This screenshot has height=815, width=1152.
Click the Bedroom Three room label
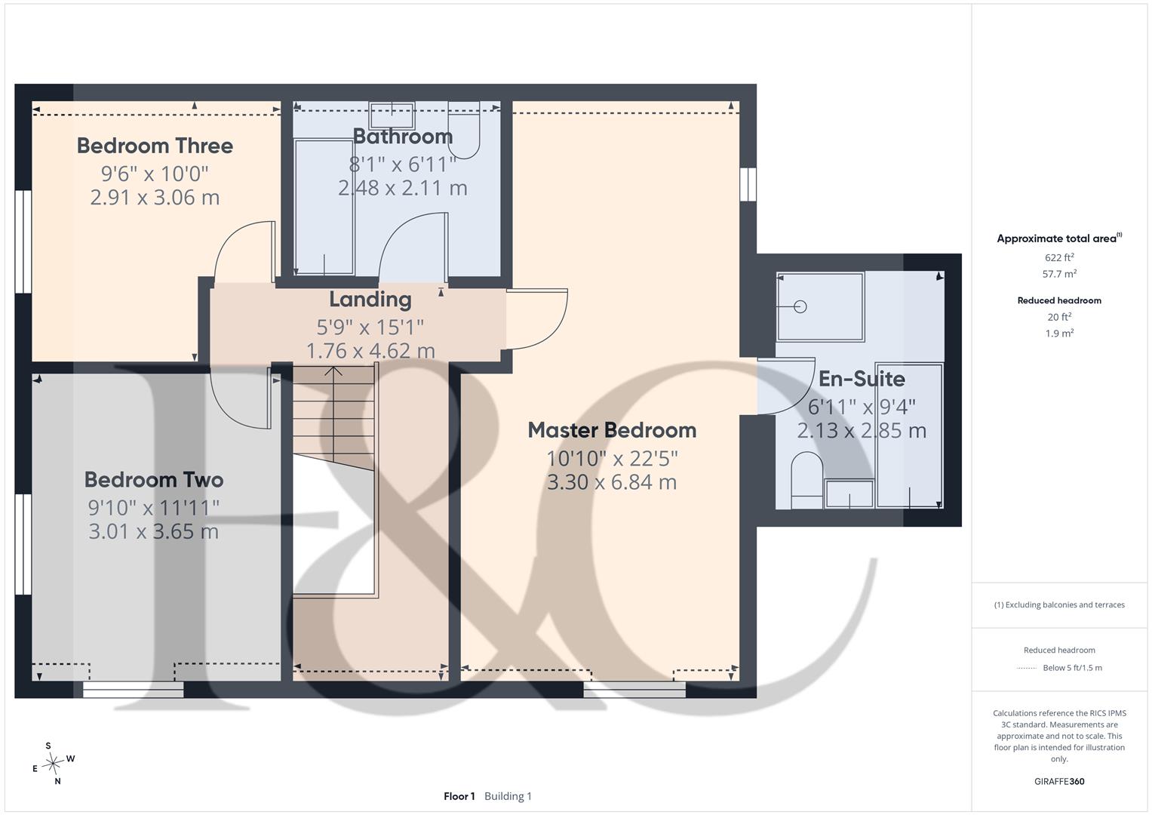point(155,146)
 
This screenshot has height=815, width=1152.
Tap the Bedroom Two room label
point(154,480)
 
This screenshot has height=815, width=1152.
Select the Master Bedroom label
point(612,431)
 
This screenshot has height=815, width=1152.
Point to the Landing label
point(370,300)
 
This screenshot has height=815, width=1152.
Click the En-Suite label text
point(862,379)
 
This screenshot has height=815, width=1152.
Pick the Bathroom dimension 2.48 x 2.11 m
point(403,188)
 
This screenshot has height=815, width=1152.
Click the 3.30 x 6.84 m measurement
point(612,482)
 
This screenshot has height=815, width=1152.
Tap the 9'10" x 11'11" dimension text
point(154,508)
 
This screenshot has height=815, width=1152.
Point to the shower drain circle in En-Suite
point(800,306)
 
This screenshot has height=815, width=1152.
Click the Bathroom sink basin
point(392,115)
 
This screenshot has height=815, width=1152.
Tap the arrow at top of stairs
point(333,371)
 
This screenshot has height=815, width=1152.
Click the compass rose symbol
point(53,764)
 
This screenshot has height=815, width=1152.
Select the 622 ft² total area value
point(1059,257)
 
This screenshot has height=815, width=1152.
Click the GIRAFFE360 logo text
point(1059,782)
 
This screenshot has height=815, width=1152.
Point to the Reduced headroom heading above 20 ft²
point(1059,300)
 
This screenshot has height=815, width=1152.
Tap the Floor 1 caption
point(459,796)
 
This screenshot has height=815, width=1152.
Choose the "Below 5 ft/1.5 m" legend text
point(1072,668)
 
